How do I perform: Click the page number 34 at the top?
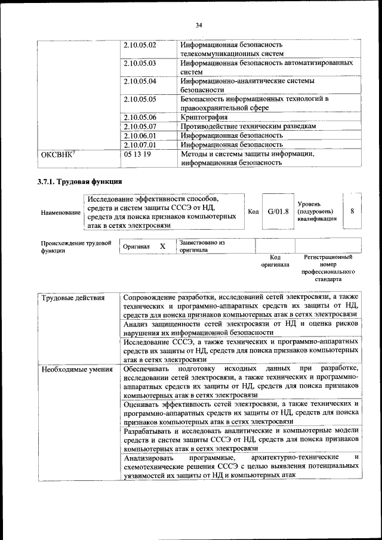tap(199, 24)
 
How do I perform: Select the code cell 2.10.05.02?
tap(140, 45)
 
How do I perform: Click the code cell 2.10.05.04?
tap(140, 81)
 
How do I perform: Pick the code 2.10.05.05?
tap(140, 99)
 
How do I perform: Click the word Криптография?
tap(205, 117)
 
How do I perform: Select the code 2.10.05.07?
tap(140, 126)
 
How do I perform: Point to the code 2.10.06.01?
tap(140, 135)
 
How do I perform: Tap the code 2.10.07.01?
tap(140, 144)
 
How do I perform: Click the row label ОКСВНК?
tap(56, 154)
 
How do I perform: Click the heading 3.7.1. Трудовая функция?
tap(81, 181)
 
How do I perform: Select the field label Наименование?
tap(60, 212)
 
